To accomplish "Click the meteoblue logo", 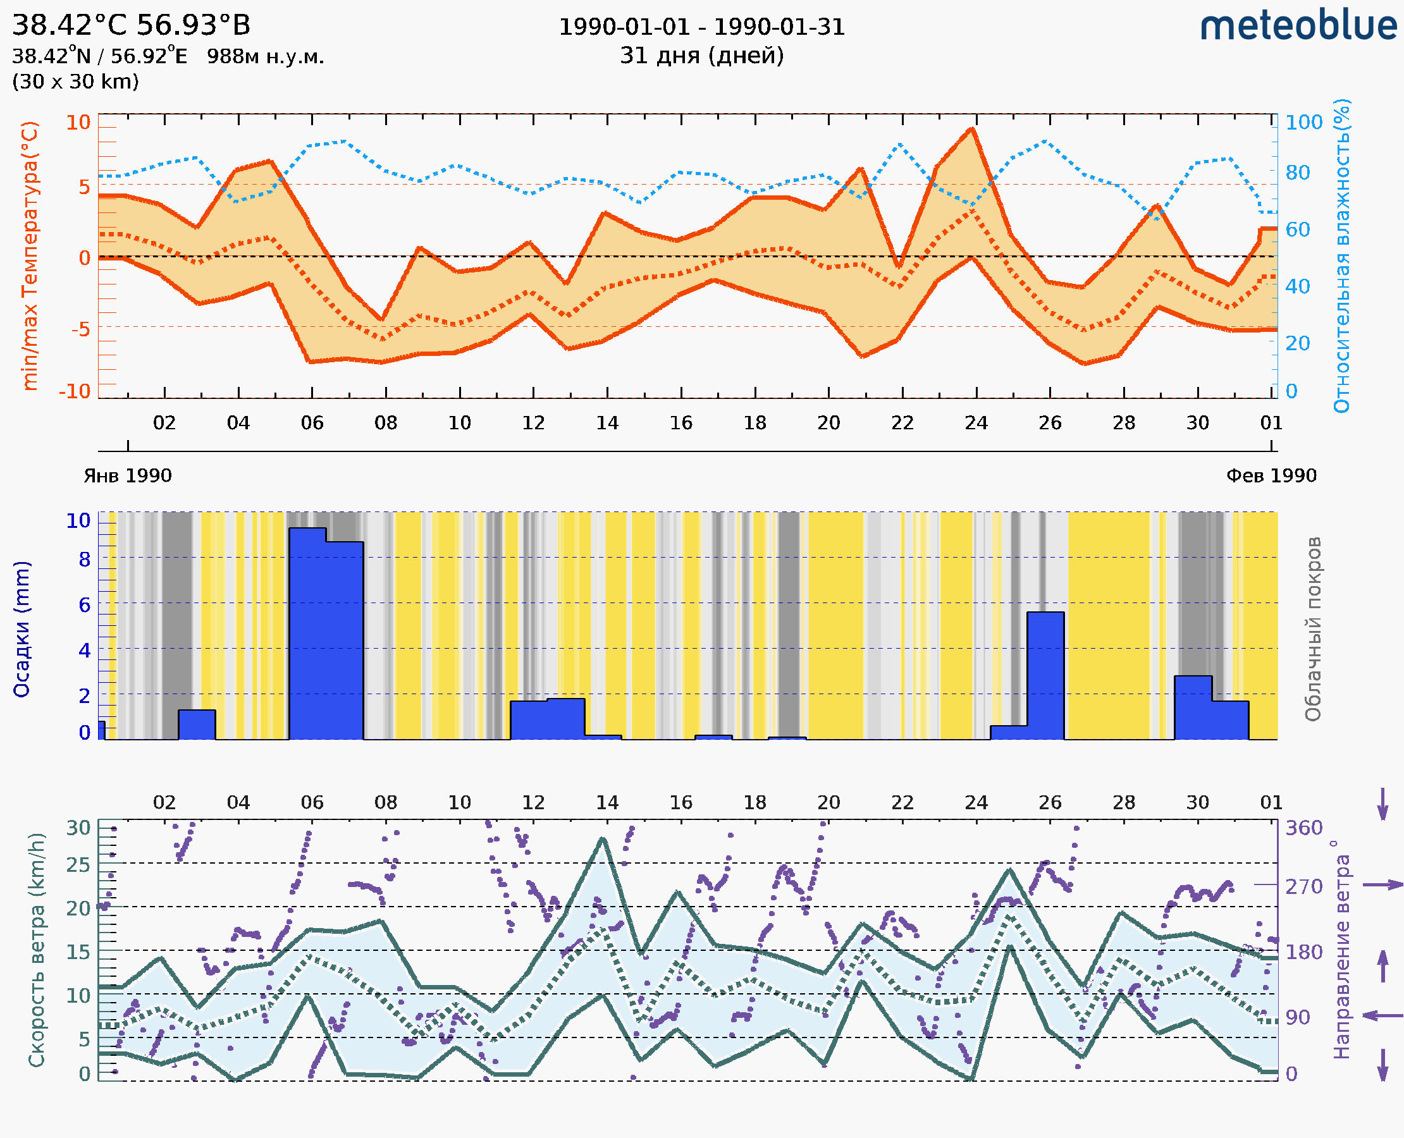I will [1298, 26].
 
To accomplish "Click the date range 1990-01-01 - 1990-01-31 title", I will [701, 27].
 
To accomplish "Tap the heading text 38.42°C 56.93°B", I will [131, 25].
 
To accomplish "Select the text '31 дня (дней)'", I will [701, 56].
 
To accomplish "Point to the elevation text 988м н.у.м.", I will [266, 56].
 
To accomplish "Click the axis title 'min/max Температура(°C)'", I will [30, 255].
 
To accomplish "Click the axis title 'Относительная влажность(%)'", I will [1341, 255].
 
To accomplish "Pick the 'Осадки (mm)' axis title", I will [22, 629].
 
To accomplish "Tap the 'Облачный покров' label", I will [1312, 629].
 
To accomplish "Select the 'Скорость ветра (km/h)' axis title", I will [37, 950].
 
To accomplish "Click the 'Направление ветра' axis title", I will [1341, 950].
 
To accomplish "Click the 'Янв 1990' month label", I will [128, 476].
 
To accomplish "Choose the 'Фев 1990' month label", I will [1271, 476].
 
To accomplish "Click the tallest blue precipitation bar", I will [307, 633].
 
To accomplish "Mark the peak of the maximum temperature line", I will [973, 128].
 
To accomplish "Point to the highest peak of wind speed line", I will [602, 838].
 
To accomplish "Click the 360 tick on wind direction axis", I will [1303, 828].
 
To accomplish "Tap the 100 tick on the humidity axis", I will [1303, 123].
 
